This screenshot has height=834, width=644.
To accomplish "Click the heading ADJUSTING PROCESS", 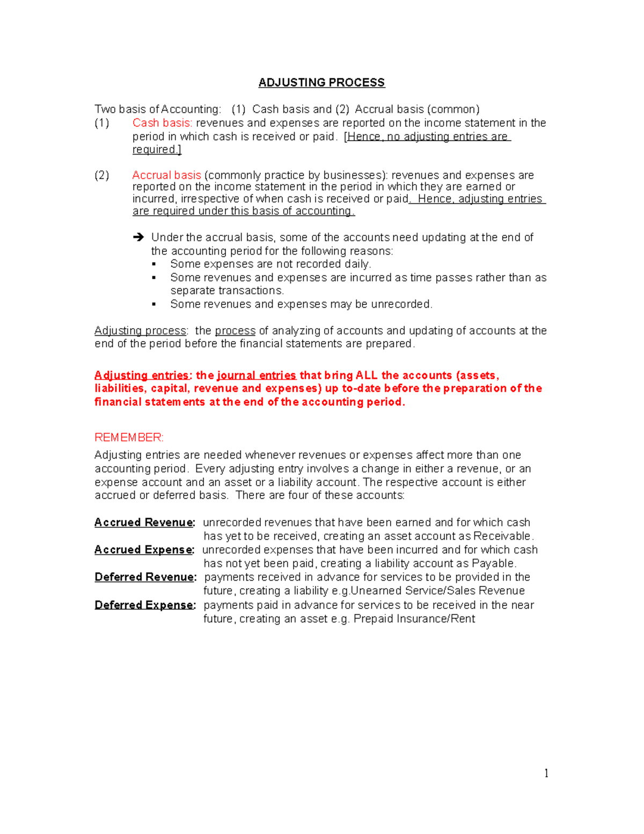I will [321, 83].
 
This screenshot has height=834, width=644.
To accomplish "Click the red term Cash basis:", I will [162, 123].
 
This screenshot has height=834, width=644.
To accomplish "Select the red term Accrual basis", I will [166, 175].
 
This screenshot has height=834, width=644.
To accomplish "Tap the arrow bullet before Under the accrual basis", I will [138, 237].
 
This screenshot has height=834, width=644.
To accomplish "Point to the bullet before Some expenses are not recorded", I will [154, 264].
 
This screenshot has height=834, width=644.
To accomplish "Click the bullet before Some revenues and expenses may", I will [154, 304].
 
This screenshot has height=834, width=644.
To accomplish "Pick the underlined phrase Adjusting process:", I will [141, 331].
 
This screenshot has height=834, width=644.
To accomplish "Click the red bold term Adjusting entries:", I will [142, 375].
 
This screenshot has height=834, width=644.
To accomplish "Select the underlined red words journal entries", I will [257, 375].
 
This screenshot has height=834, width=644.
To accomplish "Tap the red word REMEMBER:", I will [129, 438].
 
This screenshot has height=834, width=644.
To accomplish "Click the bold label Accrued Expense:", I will [144, 550].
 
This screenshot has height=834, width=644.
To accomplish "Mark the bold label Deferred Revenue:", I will [145, 577].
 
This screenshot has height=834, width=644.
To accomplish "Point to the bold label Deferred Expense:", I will [145, 605].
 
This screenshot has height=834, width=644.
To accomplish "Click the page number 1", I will [546, 773].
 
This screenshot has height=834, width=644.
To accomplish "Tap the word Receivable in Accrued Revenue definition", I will [503, 536].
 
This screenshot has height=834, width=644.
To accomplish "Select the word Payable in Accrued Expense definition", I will [493, 564].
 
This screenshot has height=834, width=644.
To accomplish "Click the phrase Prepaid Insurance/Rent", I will [414, 619].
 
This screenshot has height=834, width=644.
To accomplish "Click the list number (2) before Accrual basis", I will [102, 175].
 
